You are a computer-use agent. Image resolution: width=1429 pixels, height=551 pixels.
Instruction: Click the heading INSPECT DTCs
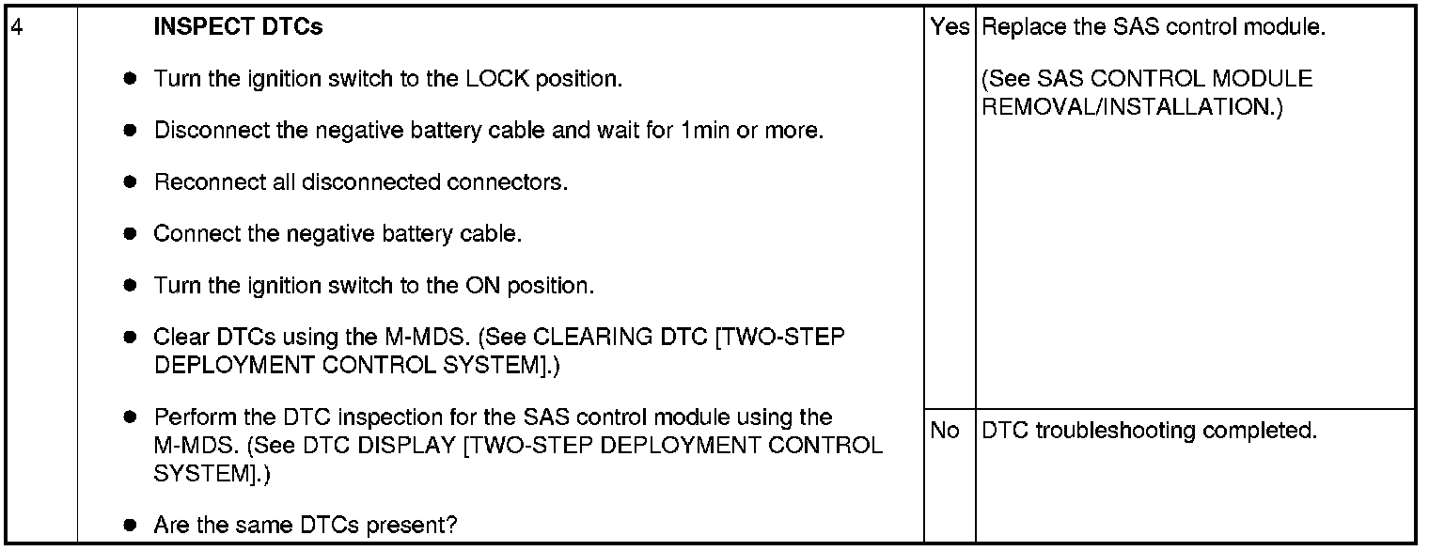tap(238, 27)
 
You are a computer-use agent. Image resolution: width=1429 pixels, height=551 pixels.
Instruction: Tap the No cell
tap(944, 431)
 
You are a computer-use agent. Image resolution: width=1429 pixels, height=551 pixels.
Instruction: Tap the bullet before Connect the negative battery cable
tap(131, 234)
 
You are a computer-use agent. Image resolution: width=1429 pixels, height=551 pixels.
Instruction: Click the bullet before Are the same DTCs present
tap(131, 525)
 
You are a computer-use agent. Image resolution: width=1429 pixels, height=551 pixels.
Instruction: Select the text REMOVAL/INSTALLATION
tap(1131, 107)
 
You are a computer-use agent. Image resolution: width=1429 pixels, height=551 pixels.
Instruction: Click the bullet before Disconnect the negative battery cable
tap(131, 131)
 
